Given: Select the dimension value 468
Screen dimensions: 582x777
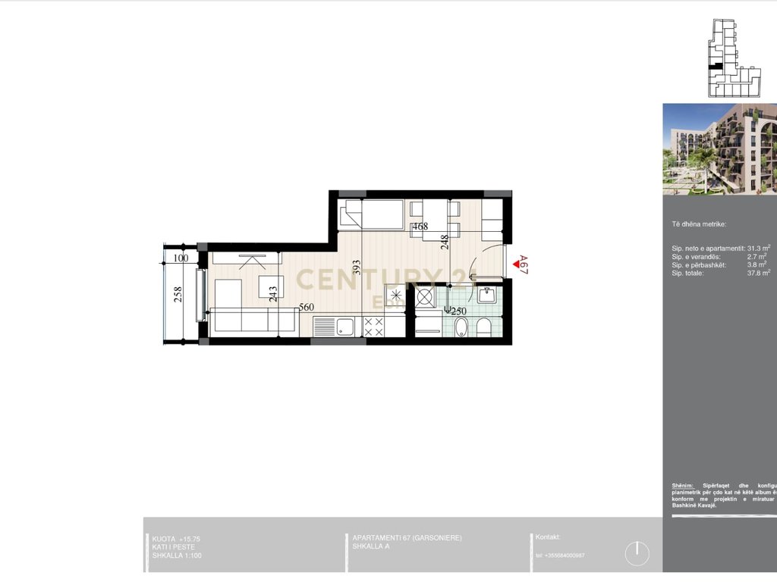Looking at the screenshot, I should click(x=420, y=227).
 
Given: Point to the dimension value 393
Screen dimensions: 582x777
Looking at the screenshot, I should click(x=356, y=271).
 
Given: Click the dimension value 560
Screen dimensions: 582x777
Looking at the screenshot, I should click(x=307, y=307).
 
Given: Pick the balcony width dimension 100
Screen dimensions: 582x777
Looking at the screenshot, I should click(x=181, y=258).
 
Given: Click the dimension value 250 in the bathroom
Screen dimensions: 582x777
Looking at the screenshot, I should click(x=458, y=311).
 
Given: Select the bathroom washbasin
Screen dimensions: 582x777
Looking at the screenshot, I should click(x=486, y=293).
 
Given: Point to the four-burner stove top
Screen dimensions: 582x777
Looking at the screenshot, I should click(x=373, y=327).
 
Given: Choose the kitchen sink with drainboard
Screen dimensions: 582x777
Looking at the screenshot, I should click(x=335, y=327).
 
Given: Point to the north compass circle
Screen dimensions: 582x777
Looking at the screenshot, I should click(x=637, y=553).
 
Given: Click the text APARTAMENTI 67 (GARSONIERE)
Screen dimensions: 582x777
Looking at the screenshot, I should click(x=407, y=538).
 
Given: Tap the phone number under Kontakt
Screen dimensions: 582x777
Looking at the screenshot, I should click(x=560, y=555).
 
